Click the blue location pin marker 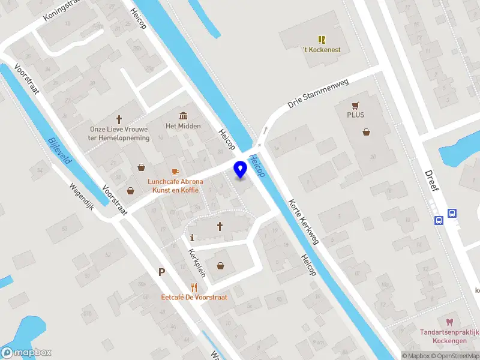tap(241, 170)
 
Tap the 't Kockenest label tap(321, 49)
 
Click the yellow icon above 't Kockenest tap(322, 39)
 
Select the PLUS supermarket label tap(355, 115)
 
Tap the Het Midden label tap(183, 126)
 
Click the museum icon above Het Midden tap(183, 115)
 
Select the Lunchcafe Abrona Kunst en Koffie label tap(175, 186)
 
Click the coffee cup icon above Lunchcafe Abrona tap(176, 172)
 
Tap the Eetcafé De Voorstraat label tap(194, 297)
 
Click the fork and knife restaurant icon tap(194, 287)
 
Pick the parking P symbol tap(161, 272)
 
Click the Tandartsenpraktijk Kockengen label tap(449, 336)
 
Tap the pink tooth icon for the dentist tap(449, 322)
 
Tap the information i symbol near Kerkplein tap(192, 237)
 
